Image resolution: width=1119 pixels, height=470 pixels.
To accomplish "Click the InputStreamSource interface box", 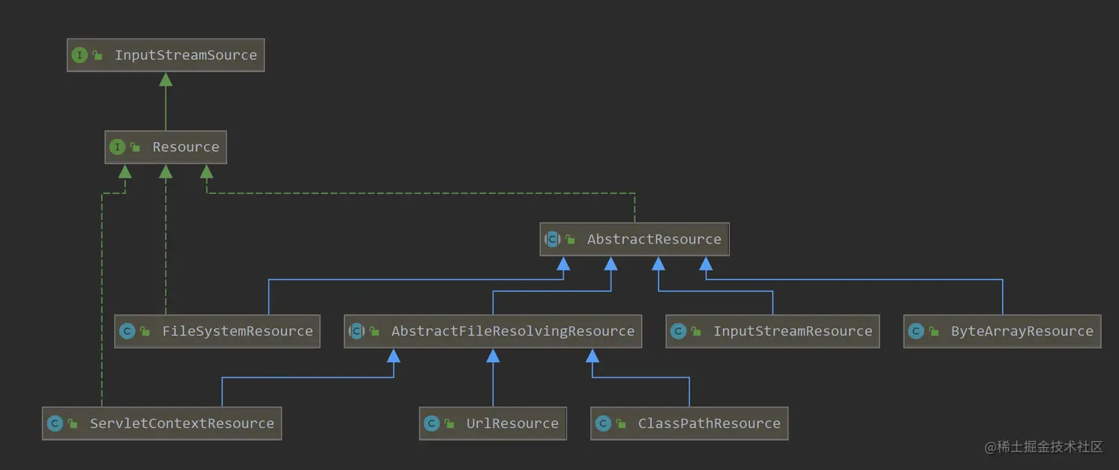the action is [x=166, y=55].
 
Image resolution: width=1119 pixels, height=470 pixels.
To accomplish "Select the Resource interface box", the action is [x=166, y=147].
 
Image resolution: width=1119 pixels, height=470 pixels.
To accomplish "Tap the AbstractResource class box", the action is [x=634, y=239].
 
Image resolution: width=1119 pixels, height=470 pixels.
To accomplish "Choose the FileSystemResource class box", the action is [x=218, y=331].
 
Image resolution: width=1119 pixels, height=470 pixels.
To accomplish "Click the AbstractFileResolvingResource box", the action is [x=493, y=331].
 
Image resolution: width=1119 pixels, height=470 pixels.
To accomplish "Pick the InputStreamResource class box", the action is [x=773, y=331].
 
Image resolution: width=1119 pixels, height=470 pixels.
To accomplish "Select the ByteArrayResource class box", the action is [x=1003, y=331].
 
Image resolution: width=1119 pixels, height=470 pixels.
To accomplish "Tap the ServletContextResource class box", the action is [x=162, y=423].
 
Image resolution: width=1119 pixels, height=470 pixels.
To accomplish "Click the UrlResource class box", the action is [x=493, y=423].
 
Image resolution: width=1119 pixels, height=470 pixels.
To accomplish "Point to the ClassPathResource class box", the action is [x=690, y=423].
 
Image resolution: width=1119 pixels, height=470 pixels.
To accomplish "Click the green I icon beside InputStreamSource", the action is [x=79, y=55].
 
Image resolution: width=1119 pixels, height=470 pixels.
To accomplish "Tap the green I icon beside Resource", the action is [x=118, y=147].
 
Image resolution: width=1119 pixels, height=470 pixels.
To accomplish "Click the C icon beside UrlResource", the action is [x=431, y=423].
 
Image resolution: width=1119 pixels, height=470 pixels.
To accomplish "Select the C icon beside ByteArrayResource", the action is [x=916, y=331].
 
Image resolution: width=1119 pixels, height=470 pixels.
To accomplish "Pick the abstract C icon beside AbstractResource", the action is [x=553, y=239].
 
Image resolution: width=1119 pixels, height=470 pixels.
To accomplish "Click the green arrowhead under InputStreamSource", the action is [x=166, y=79].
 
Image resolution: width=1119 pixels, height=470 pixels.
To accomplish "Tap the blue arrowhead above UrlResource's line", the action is [x=493, y=355].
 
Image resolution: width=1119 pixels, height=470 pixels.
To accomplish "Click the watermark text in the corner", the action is [x=1043, y=446].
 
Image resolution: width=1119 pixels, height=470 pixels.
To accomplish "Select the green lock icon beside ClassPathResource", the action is [x=621, y=423].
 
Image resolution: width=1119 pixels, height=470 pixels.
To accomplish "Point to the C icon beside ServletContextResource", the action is [x=55, y=423].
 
